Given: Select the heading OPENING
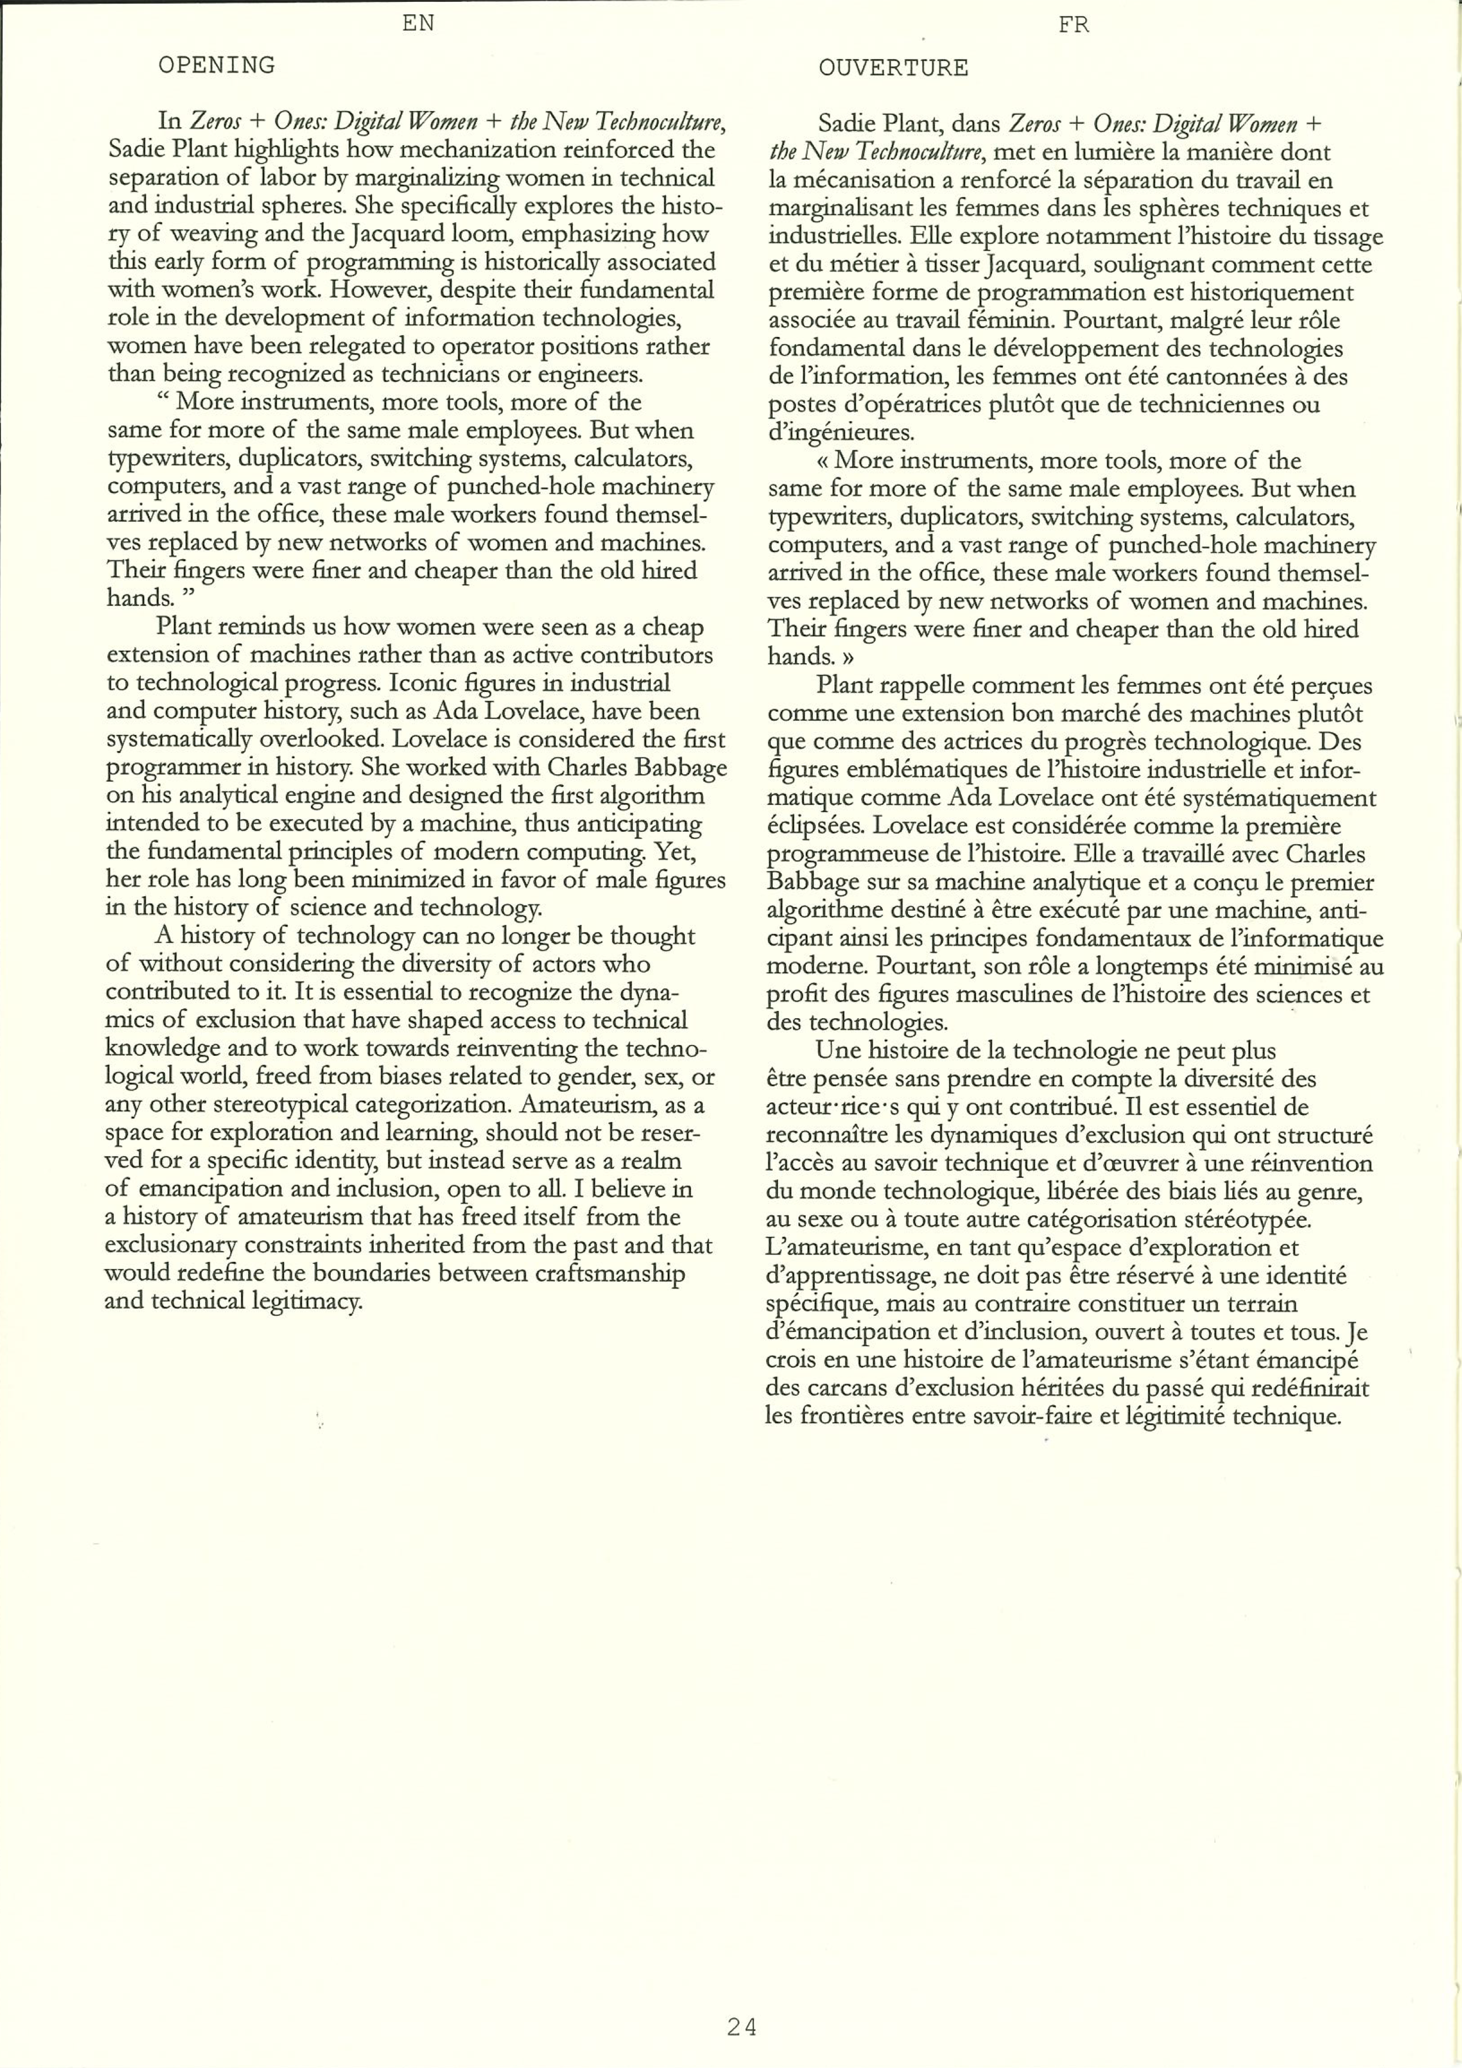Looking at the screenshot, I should [x=216, y=65].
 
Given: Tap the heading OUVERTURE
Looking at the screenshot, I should [x=894, y=68].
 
